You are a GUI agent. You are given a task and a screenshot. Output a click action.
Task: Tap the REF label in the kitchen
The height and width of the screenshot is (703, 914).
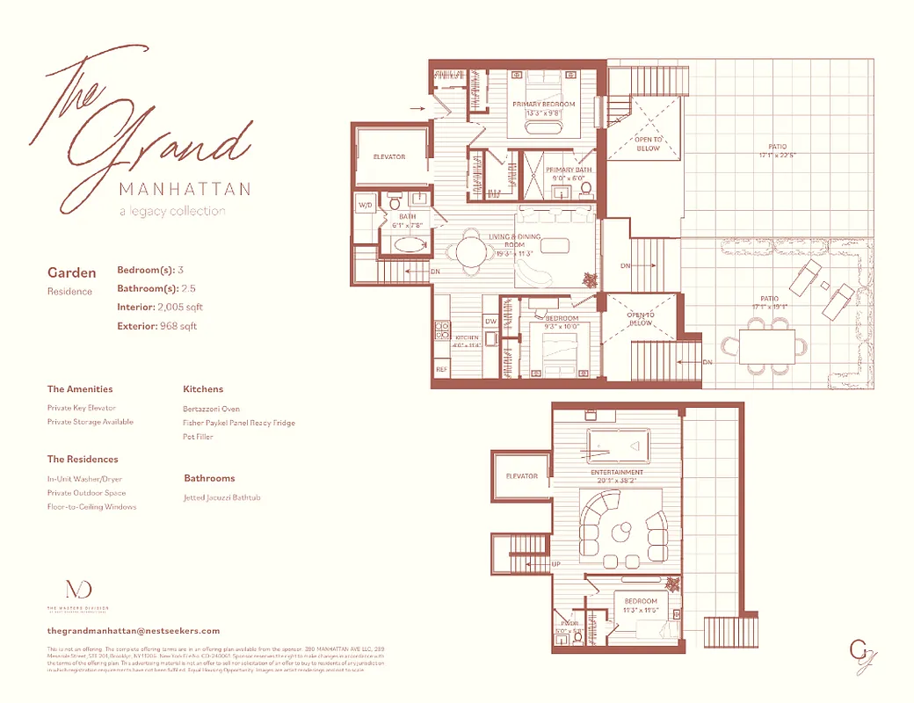click(442, 370)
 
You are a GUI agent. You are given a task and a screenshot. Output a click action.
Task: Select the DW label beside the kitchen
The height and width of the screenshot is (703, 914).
click(490, 322)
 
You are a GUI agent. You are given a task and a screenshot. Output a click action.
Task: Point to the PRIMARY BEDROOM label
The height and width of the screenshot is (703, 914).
click(544, 105)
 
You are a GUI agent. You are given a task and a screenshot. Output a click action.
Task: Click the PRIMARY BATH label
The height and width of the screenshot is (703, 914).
click(569, 170)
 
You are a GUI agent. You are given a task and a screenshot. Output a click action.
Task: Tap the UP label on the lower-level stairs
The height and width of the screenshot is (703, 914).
click(555, 563)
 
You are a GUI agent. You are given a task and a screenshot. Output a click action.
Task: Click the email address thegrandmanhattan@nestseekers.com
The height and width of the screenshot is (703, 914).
click(133, 631)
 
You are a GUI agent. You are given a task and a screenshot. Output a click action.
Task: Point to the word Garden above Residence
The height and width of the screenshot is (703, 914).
click(72, 273)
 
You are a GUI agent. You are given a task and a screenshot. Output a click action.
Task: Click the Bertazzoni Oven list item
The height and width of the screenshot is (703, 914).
click(211, 409)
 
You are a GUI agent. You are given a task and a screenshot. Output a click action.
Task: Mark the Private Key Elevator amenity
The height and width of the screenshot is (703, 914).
click(82, 408)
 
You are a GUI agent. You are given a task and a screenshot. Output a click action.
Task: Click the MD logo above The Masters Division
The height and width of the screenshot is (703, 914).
click(77, 590)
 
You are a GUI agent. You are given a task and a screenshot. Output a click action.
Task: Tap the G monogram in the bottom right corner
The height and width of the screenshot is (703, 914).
click(859, 652)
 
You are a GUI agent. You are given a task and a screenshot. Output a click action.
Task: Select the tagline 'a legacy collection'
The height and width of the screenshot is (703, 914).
click(172, 211)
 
